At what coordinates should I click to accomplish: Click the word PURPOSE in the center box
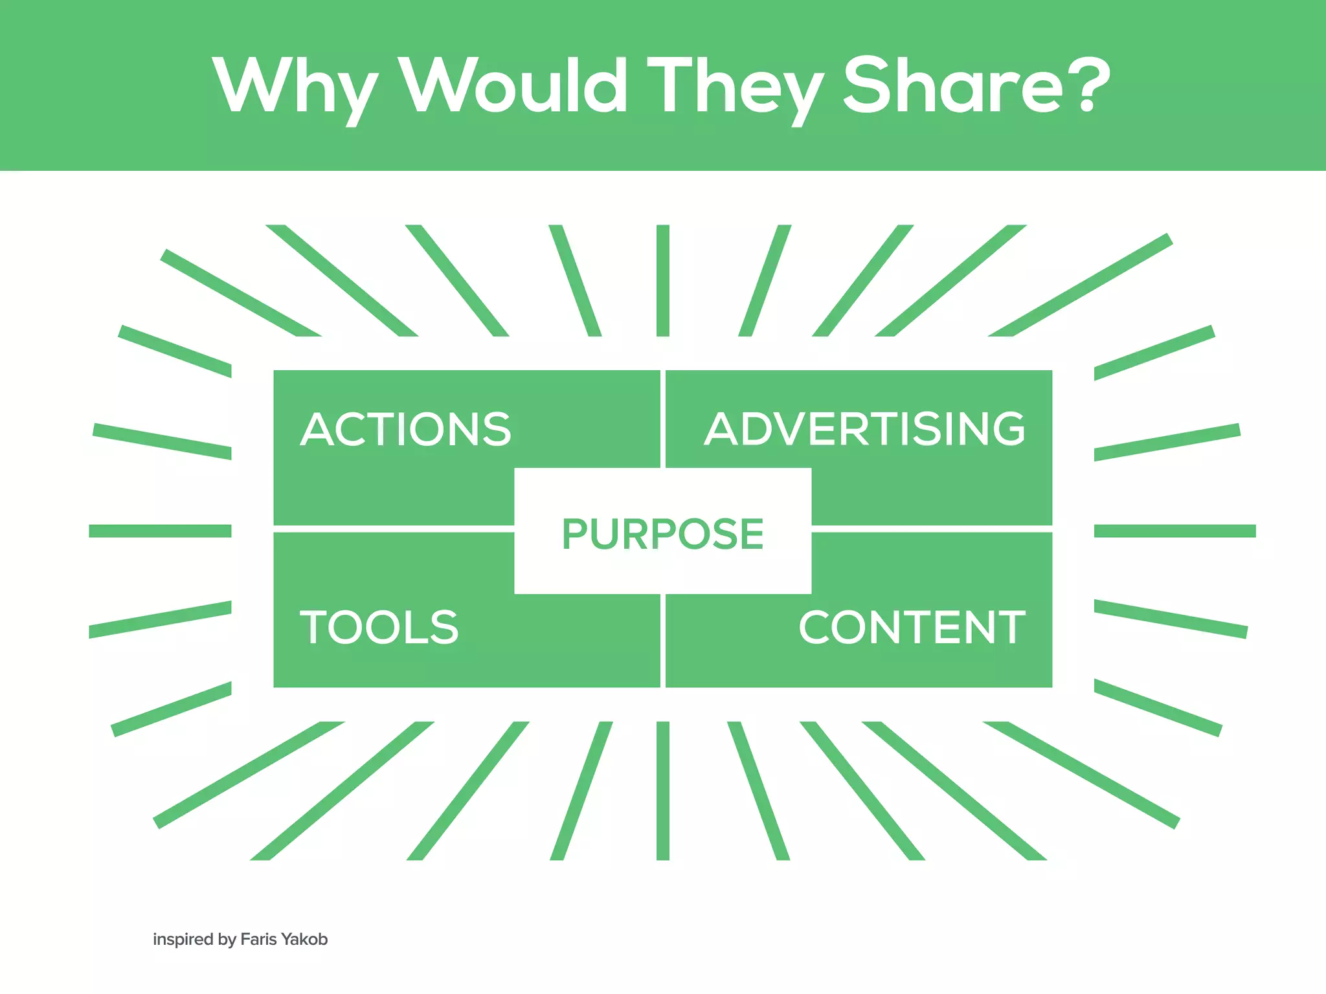662,534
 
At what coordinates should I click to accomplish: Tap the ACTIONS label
405,429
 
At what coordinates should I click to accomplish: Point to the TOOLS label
379,627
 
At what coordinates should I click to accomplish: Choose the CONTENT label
912,627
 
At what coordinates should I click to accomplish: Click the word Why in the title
295,87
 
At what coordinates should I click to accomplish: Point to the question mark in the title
1090,84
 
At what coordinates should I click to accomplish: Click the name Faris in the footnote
258,939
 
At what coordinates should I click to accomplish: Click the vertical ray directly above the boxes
662,280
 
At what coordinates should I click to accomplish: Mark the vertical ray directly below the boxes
662,790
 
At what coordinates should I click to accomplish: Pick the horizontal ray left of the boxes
160,531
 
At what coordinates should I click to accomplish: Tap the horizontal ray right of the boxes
1174,531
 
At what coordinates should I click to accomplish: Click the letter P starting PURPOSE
573,534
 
